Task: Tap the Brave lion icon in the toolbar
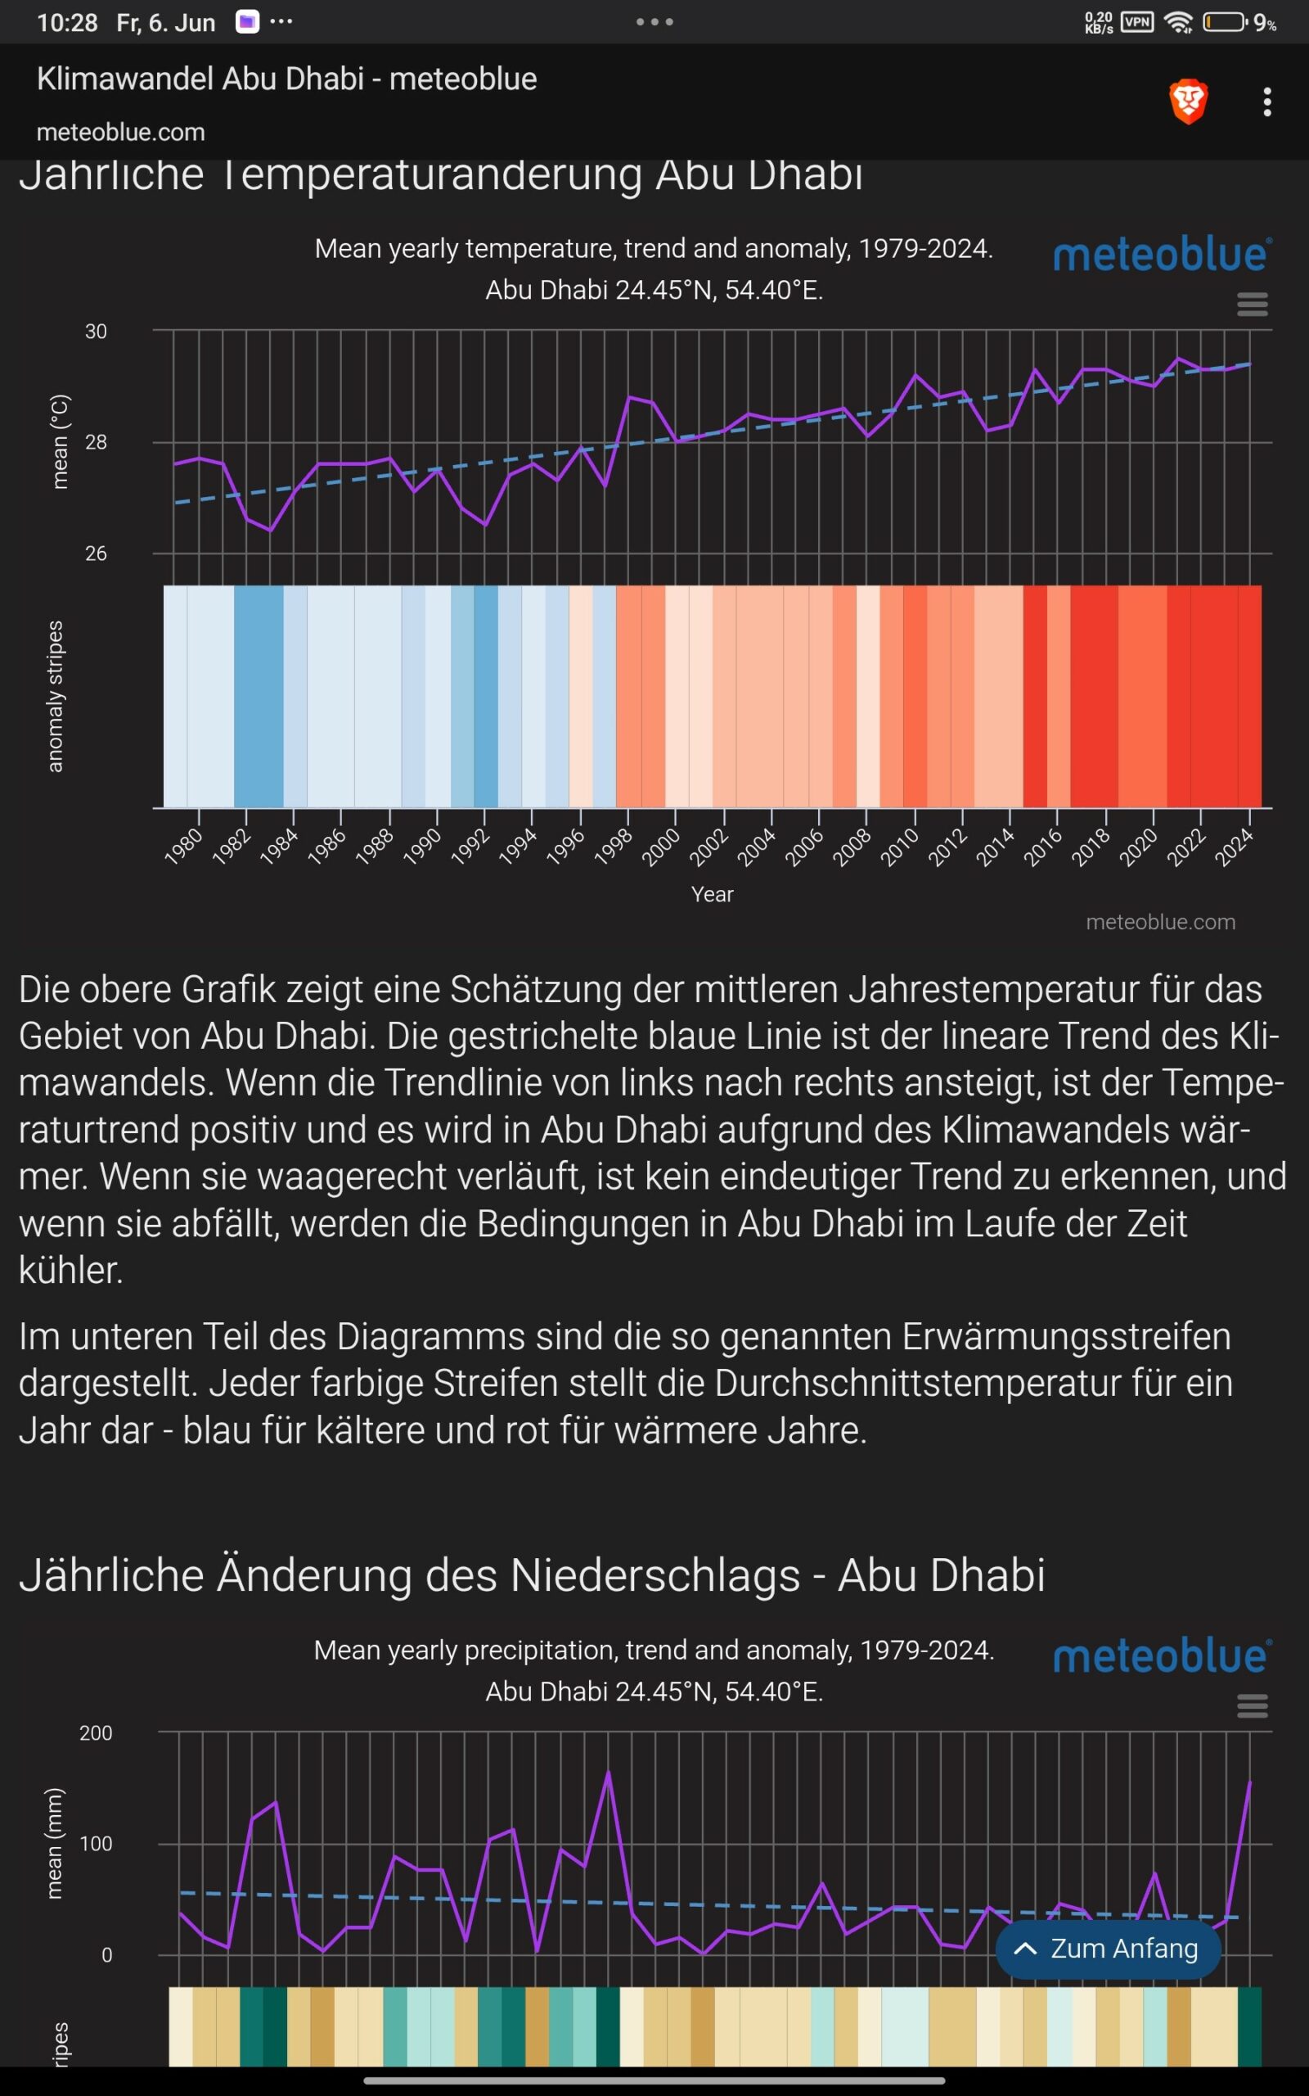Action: pyautogui.click(x=1188, y=102)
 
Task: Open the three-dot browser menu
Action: pyautogui.click(x=1266, y=102)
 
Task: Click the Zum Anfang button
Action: pyautogui.click(x=1108, y=1948)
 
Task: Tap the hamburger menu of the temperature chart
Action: pyautogui.click(x=1252, y=304)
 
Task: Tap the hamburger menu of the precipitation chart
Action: pyautogui.click(x=1252, y=1705)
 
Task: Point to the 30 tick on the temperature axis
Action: pyautogui.click(x=96, y=332)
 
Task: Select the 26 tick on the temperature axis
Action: pyautogui.click(x=96, y=553)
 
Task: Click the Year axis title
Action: pyautogui.click(x=712, y=895)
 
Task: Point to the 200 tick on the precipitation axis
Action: pyautogui.click(x=96, y=1733)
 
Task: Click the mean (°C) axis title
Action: pyautogui.click(x=59, y=442)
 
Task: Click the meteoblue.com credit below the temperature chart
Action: pyautogui.click(x=1160, y=923)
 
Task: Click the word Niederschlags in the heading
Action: pyautogui.click(x=654, y=1575)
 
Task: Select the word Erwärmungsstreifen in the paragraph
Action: pyautogui.click(x=1066, y=1336)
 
